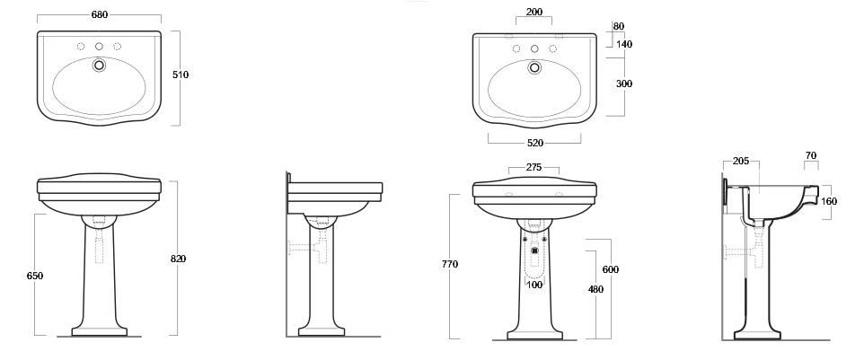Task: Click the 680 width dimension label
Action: point(99,15)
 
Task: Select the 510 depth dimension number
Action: point(181,75)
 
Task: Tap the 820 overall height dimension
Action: point(178,259)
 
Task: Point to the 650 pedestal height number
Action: point(35,276)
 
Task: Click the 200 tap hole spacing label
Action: point(534,12)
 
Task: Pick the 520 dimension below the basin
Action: point(534,143)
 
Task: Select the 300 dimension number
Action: point(624,83)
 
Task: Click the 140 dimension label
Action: point(624,45)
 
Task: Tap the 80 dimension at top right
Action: point(618,26)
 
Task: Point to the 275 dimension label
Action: point(533,167)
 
